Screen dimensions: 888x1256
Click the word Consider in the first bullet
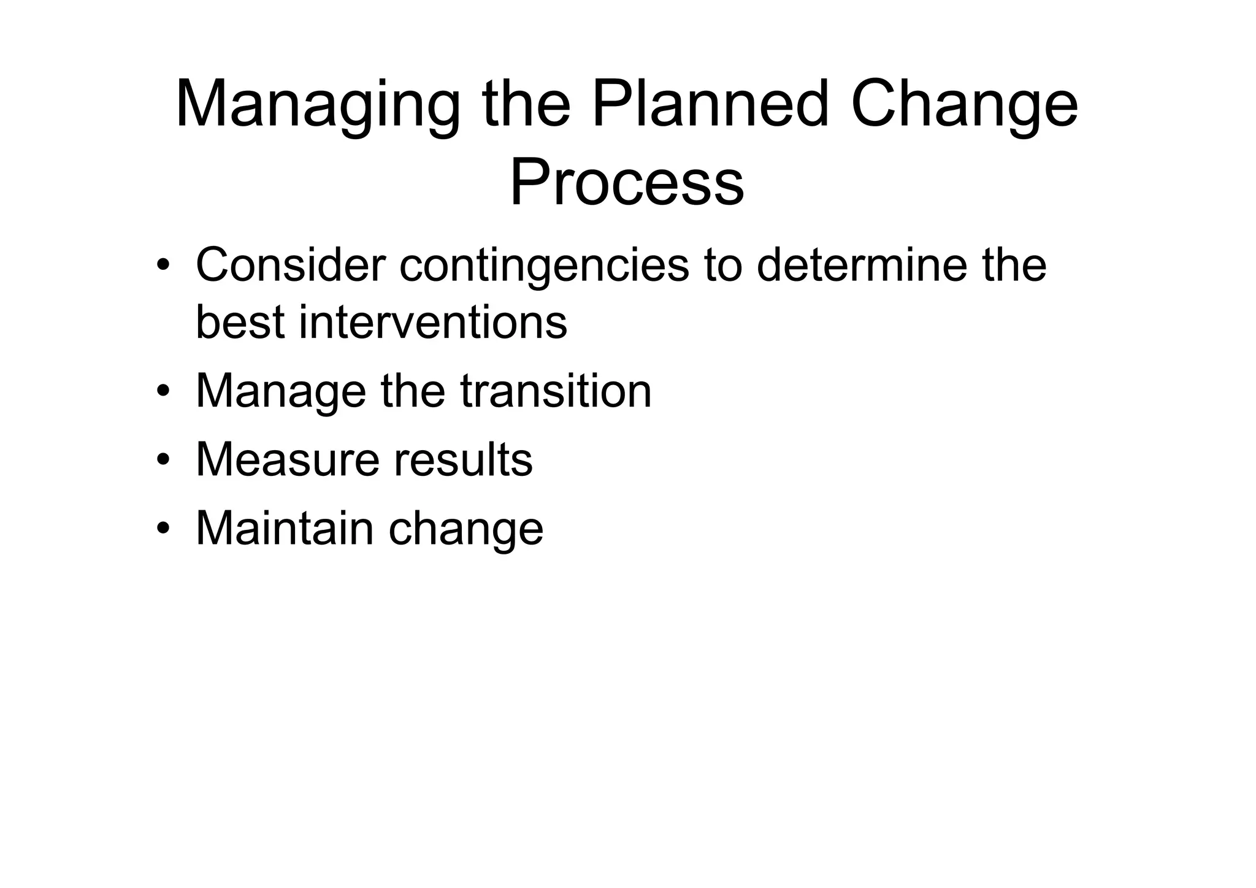pyautogui.click(x=291, y=265)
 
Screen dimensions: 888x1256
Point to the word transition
pyautogui.click(x=556, y=391)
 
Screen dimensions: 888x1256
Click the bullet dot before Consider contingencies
pyautogui.click(x=163, y=266)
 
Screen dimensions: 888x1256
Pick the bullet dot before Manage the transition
pyautogui.click(x=163, y=391)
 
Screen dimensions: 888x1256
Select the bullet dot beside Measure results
pyautogui.click(x=163, y=459)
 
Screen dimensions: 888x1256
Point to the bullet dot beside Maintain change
pyautogui.click(x=163, y=528)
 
